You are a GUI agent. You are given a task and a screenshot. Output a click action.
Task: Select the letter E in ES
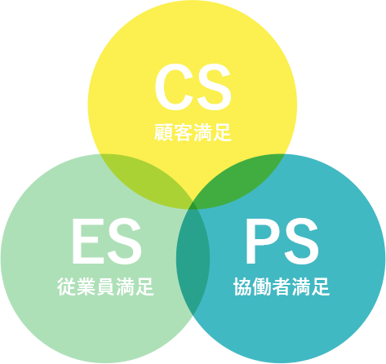click(87, 241)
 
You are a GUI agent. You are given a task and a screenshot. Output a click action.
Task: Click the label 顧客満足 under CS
click(193, 132)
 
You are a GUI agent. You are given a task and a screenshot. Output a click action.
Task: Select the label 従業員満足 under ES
click(105, 286)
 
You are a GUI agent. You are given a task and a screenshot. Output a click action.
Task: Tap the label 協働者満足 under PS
click(282, 286)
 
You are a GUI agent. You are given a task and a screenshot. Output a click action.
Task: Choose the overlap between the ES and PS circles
click(193, 259)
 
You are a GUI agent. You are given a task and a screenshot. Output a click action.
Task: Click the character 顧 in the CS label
click(164, 132)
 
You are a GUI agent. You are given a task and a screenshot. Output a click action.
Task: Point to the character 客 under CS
click(183, 132)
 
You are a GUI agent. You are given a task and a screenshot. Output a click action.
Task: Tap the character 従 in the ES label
click(67, 286)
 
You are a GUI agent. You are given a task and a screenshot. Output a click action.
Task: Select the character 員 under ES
click(105, 286)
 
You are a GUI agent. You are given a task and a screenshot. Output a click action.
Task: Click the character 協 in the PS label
click(243, 286)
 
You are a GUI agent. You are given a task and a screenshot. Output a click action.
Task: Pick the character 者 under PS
click(282, 286)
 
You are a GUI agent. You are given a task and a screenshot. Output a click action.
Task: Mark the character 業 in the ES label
click(87, 286)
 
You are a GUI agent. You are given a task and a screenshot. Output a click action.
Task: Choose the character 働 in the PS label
click(262, 286)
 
